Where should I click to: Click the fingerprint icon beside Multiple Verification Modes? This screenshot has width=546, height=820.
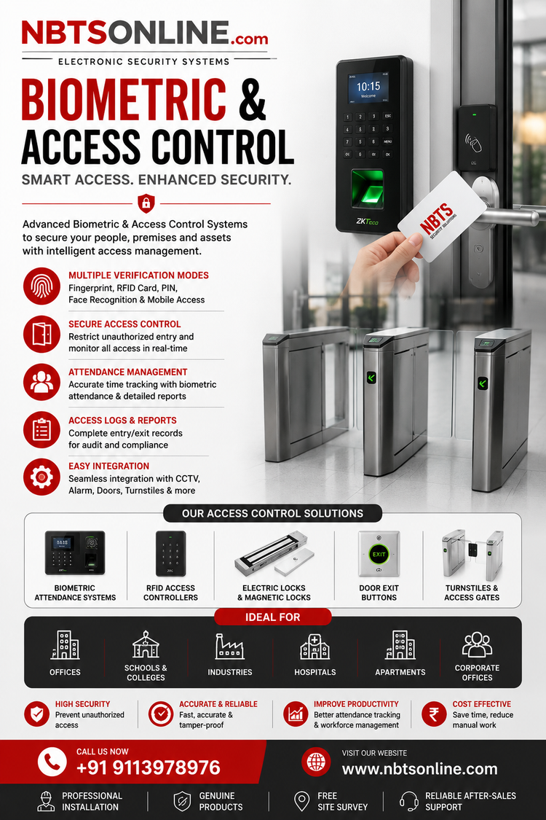[41, 286]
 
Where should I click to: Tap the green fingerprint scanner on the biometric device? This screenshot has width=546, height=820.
[366, 189]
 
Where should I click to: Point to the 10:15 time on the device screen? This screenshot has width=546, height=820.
[368, 86]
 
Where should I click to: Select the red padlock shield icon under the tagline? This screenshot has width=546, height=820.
[146, 203]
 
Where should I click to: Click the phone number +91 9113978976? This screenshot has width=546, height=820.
[149, 768]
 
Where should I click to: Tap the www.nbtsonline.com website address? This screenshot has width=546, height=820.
[419, 769]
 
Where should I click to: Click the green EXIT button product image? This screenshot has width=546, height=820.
[379, 554]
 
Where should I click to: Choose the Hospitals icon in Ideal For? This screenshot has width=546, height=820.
[314, 647]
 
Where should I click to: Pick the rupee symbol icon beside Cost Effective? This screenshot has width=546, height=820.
[434, 714]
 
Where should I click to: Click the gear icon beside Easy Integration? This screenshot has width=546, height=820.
[41, 477]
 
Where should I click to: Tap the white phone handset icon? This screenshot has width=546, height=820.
[52, 762]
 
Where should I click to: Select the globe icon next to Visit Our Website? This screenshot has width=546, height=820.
[316, 762]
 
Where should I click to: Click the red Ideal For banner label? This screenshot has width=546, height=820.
[273, 617]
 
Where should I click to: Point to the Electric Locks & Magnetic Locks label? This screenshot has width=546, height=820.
[274, 593]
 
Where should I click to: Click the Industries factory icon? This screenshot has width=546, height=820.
[230, 647]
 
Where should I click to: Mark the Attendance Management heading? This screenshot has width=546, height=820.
[128, 372]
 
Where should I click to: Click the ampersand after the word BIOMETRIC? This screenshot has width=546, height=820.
[253, 99]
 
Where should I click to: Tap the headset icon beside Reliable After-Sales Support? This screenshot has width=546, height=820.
[408, 801]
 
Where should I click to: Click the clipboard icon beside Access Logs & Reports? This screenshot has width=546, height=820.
[41, 430]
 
